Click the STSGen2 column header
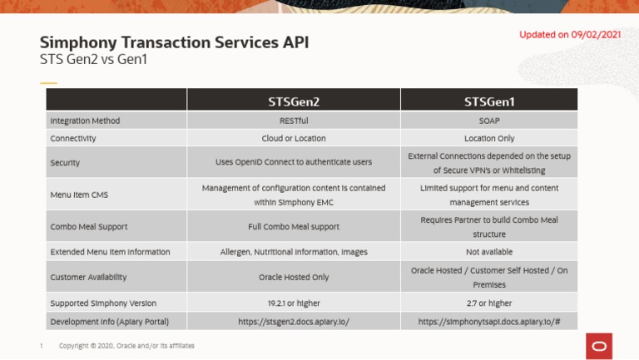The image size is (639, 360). point(293,101)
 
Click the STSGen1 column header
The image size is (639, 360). point(488,101)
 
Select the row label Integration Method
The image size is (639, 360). point(85,121)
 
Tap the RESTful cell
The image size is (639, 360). point(293,121)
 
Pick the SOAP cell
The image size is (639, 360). point(488,121)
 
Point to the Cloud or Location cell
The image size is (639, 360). point(293,139)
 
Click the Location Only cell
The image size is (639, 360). point(488,139)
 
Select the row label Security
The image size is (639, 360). point(65,163)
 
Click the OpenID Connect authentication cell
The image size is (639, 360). point(293,162)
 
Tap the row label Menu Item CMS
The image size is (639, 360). point(79,195)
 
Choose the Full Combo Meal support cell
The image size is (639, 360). point(293,226)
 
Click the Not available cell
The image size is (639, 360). point(488,252)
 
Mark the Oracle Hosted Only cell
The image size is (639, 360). point(293,277)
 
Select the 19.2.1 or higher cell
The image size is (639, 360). point(293,303)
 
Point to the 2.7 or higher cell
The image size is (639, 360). point(488,303)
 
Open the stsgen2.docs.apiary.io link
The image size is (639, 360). point(293,321)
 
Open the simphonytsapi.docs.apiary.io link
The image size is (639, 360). point(488,321)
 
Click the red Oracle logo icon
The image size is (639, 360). point(598,345)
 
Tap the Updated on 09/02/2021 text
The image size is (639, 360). point(570,35)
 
